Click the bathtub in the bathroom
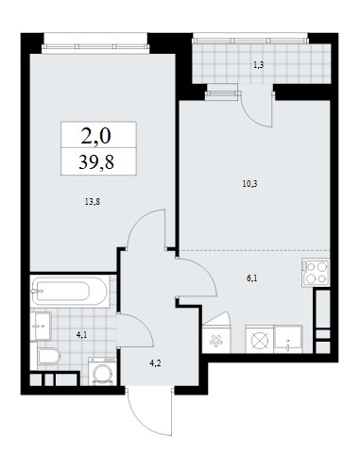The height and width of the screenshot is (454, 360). tap(70, 292)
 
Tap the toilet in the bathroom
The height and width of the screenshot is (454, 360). tap(49, 357)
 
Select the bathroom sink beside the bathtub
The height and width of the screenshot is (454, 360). tap(41, 326)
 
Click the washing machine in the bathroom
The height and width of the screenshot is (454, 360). tap(102, 371)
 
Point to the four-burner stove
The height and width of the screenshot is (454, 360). tap(316, 273)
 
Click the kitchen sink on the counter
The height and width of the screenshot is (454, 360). tap(288, 339)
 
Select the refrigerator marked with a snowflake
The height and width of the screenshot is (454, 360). tap(216, 339)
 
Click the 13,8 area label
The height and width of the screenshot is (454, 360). tap(92, 202)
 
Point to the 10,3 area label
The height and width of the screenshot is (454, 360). tap(249, 184)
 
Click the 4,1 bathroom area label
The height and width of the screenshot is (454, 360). tap(81, 335)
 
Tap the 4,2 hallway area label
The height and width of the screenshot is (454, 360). tap(155, 363)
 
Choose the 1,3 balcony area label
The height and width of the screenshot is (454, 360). tap(258, 65)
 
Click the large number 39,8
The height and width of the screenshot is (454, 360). tap(96, 162)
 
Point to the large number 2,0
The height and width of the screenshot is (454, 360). tap(96, 136)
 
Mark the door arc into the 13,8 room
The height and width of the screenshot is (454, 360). tap(138, 220)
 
